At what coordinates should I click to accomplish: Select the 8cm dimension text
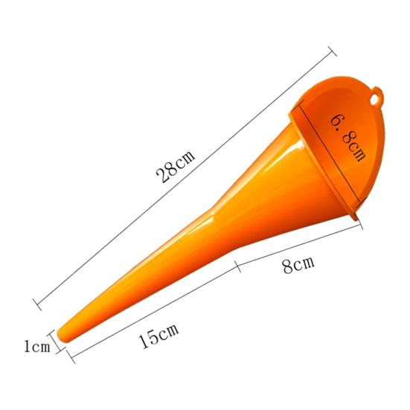point(298,264)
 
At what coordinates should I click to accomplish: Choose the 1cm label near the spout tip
point(36,346)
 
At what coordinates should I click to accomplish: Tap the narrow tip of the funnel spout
point(65,335)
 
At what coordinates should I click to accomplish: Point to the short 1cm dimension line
point(54,343)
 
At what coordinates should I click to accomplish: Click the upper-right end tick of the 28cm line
point(330,51)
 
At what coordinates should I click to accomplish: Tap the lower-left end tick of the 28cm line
point(36,302)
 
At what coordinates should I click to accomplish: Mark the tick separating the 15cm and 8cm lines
point(237,264)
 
